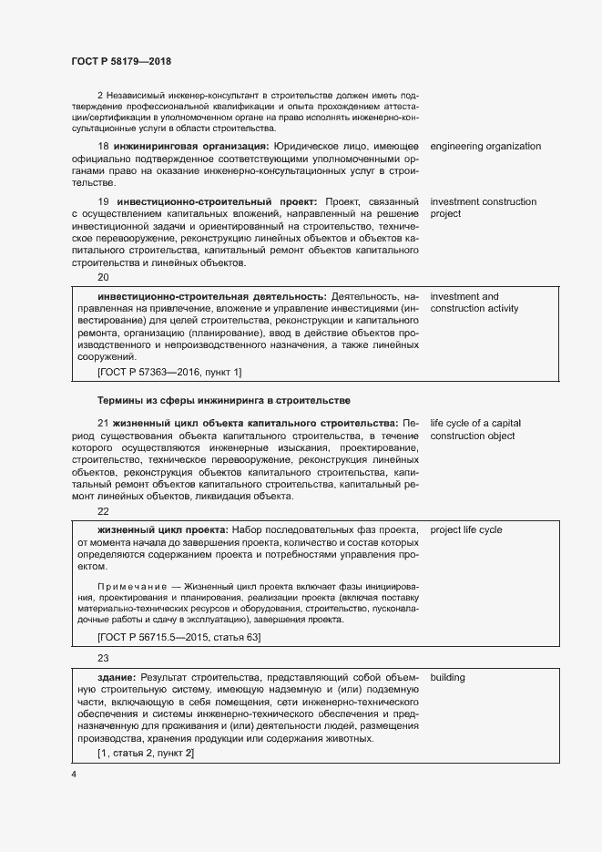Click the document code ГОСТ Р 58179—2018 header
pyautogui.click(x=121, y=62)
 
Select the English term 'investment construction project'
pyautogui.click(x=483, y=208)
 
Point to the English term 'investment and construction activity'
pyautogui.click(x=474, y=303)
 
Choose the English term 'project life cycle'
pyautogui.click(x=466, y=529)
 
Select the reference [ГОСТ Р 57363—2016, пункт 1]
pyautogui.click(x=168, y=371)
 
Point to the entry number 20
pyautogui.click(x=103, y=277)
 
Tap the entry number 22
pyautogui.click(x=103, y=511)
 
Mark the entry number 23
pyautogui.click(x=103, y=659)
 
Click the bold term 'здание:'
pyautogui.click(x=117, y=678)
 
